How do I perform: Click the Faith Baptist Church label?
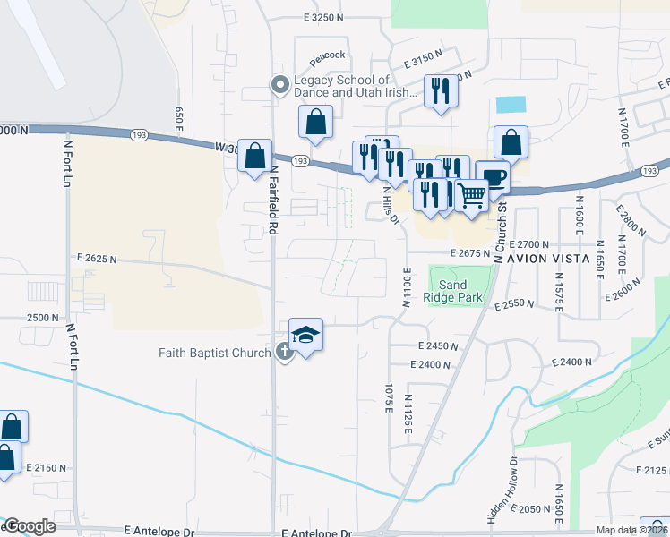[214, 352]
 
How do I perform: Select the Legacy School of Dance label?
[356, 86]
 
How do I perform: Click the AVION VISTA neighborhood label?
[549, 259]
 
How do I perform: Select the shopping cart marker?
[471, 194]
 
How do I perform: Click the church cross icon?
[285, 352]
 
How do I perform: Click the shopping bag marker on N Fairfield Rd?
[255, 156]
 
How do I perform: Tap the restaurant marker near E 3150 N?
[440, 92]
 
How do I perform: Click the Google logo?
[29, 526]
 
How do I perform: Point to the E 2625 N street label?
[98, 258]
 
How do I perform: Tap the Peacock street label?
[328, 55]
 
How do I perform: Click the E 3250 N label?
[323, 16]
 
